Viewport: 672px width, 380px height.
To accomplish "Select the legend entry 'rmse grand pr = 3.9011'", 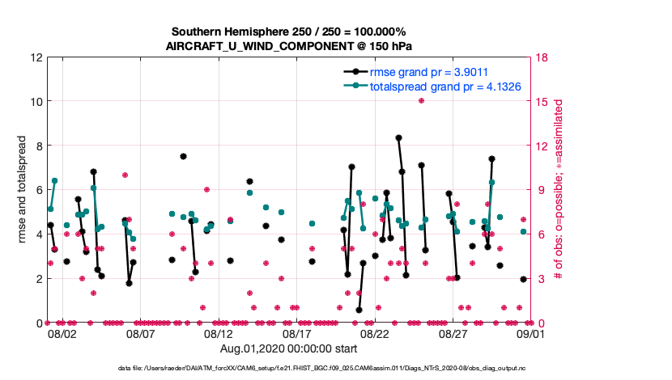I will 428,71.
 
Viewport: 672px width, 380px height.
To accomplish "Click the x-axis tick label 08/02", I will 62,333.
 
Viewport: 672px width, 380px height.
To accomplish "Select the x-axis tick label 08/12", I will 219,333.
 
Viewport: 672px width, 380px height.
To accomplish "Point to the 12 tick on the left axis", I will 36,58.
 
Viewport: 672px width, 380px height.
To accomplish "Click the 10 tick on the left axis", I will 36,102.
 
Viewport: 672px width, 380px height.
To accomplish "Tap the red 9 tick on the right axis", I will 538,190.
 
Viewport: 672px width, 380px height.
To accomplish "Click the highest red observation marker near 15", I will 422,100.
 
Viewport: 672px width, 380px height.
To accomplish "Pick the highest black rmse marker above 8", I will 399,138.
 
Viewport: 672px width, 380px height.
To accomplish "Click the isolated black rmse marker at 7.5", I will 184,157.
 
